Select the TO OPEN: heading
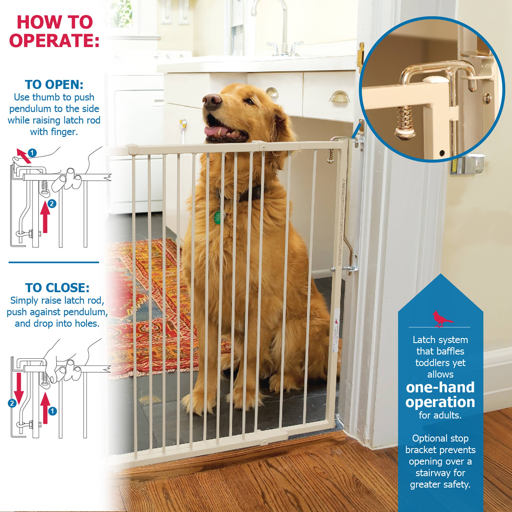click(54, 85)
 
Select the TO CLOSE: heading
click(57, 288)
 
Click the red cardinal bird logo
click(442, 319)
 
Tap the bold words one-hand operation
click(440, 395)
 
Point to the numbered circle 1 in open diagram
click(32, 153)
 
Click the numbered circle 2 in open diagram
click(52, 204)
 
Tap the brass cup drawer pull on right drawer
click(339, 97)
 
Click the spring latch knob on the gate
click(330, 156)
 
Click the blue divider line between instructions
click(54, 262)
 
